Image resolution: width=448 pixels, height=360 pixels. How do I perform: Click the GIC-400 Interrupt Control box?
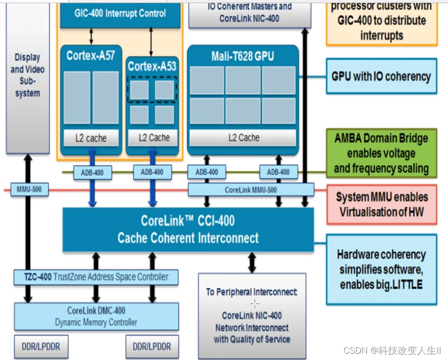point(120,14)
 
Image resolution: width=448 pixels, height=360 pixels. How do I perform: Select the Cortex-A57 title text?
point(91,55)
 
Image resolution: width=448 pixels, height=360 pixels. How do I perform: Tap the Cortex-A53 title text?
point(152,66)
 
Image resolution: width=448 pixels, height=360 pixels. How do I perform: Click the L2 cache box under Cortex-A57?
point(92,138)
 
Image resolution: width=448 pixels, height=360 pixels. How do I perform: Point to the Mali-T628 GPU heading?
point(243,57)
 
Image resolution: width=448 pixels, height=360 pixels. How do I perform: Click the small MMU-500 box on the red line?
point(30,190)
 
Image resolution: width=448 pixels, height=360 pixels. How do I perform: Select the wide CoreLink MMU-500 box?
point(250,190)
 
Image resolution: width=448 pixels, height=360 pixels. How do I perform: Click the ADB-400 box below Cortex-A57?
point(93,172)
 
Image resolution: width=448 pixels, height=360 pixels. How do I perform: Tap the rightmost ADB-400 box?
point(278,172)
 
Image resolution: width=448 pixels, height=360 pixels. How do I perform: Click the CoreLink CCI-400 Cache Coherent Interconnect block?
point(188,230)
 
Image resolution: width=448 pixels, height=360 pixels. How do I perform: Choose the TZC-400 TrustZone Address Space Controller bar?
point(96,277)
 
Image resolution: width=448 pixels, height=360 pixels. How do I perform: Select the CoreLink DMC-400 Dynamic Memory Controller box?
point(96,316)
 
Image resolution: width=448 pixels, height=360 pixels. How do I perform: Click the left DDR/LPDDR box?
point(41,347)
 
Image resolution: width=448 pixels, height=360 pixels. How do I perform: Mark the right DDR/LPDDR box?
point(152,347)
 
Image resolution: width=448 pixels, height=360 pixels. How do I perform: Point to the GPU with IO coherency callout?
point(381,76)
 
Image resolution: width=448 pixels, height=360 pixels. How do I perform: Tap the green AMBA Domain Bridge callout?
point(381,153)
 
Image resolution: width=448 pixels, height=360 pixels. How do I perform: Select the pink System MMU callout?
point(382,204)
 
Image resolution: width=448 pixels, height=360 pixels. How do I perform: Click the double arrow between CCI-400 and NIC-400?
point(252,262)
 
